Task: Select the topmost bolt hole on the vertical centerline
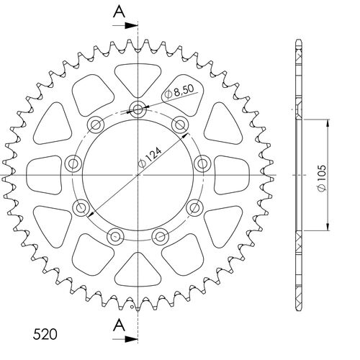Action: click(137, 109)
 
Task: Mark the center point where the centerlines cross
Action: click(137, 174)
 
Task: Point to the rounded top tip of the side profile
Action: click(297, 42)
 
